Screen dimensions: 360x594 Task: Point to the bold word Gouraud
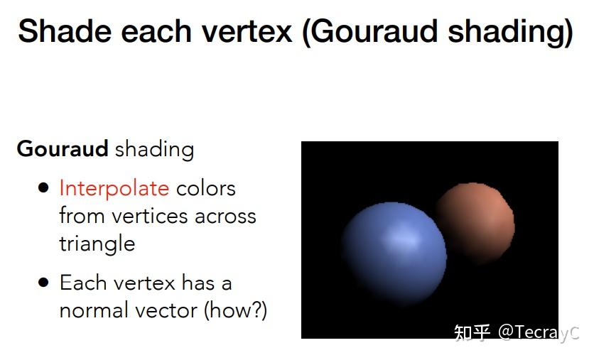tap(63, 149)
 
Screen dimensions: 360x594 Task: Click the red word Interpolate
tap(114, 188)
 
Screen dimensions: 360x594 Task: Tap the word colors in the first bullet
tap(205, 188)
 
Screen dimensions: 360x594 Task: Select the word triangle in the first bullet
tap(97, 244)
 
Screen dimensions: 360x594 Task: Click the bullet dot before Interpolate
tap(44, 188)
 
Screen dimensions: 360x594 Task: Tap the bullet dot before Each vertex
tap(44, 283)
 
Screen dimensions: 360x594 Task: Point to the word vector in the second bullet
tap(168, 310)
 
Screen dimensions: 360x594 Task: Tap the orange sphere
tap(475, 222)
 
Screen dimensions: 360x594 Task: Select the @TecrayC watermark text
tap(538, 332)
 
